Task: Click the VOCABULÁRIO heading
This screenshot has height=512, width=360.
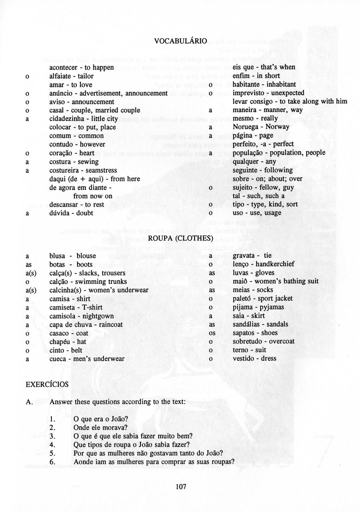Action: pos(181,41)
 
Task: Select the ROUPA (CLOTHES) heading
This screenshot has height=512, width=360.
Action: pos(181,238)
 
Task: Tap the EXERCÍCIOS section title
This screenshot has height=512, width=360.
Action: pos(47,384)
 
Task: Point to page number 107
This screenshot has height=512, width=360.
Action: pos(181,487)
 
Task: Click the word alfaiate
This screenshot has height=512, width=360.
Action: pos(61,76)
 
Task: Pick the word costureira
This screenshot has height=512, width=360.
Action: pos(65,170)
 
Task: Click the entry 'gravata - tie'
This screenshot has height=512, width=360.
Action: pos(252,256)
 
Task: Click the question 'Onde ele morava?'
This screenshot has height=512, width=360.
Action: pos(100,427)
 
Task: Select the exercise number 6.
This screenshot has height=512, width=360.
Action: pos(52,462)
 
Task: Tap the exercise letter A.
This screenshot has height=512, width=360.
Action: pos(29,402)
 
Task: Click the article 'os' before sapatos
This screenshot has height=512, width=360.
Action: pos(212,333)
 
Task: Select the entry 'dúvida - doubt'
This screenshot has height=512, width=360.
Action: pos(71,213)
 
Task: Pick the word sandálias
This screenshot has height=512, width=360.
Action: pos(248,324)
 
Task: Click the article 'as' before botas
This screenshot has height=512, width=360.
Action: pos(29,265)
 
